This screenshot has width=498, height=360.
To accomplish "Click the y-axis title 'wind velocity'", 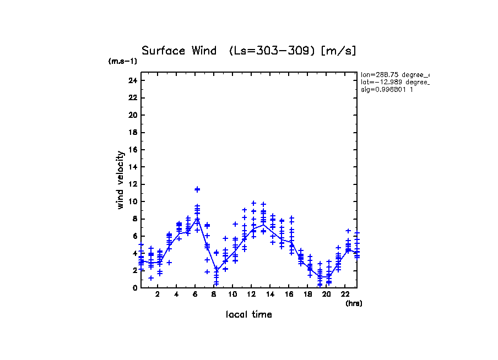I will pos(120,180).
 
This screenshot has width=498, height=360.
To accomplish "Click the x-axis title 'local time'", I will pos(249,314).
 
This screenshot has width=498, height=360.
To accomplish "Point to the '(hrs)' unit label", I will pos(354,303).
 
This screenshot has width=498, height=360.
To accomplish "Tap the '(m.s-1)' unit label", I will pos(123,62).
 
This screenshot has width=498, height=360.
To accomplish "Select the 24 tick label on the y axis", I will pos(132,80).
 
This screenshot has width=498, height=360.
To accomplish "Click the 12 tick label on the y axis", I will pos(132,184).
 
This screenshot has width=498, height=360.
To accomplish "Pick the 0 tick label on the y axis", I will pos(134,287).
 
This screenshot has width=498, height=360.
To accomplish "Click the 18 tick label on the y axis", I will pos(132,132).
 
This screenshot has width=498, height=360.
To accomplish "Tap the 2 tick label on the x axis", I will pos(158,294).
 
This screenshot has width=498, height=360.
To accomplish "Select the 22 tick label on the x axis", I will pos(345,294).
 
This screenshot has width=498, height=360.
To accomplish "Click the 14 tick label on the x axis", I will pos(270,294).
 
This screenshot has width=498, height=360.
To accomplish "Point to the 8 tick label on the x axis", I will pos(214,294).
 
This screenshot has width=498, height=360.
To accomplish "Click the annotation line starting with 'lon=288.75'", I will pos(394,74).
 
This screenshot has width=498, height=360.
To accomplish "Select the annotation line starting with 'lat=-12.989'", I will pos(394,81).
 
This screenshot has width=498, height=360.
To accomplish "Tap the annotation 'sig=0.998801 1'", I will pos(387,89).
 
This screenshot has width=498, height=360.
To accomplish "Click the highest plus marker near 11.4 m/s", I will pos(197,189).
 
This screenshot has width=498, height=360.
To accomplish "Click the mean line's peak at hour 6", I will pos(197,218).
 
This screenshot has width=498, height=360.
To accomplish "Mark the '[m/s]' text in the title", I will pos(339,51).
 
